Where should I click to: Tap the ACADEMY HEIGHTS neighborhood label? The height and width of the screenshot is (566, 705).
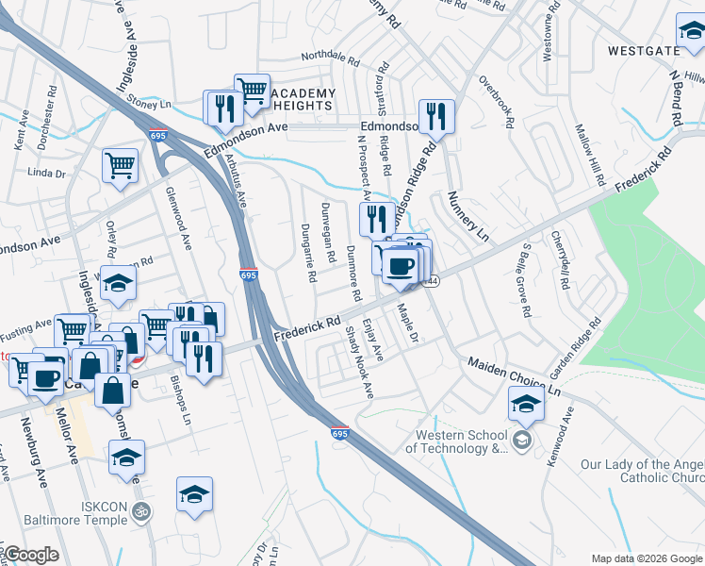pos(303,99)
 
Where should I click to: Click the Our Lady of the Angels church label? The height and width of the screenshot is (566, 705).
pos(642,471)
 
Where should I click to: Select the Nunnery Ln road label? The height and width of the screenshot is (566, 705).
pos(469,219)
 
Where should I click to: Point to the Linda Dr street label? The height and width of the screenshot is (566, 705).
pos(46,173)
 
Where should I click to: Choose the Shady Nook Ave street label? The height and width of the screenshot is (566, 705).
pos(359,361)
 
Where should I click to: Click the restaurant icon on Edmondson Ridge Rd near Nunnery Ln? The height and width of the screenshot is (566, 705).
pos(436,117)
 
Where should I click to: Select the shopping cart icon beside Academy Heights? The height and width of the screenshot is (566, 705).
pos(252,92)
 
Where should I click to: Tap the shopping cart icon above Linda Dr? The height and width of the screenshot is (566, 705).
pos(121,166)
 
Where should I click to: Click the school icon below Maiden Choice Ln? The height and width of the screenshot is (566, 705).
pos(526,406)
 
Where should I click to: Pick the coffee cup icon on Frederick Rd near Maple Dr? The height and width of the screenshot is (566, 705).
pos(401,268)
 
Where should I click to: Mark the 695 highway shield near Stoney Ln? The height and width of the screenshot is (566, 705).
pos(157,136)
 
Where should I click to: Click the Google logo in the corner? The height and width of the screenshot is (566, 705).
pos(31,555)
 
